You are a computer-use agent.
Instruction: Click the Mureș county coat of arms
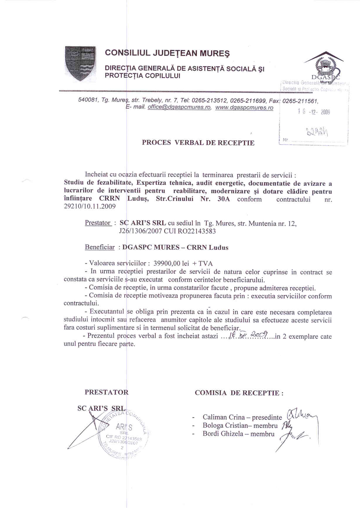(80, 63)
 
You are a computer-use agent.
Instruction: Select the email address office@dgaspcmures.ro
(179, 107)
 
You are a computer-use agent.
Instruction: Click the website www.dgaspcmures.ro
(244, 107)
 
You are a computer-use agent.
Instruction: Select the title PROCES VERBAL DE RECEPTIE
(198, 143)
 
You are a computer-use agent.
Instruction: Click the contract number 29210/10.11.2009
(90, 207)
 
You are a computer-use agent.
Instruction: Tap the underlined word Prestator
(98, 223)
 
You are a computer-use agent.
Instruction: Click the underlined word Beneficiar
(100, 247)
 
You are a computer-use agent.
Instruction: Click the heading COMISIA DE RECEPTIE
(239, 393)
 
